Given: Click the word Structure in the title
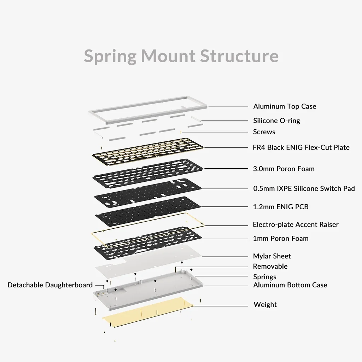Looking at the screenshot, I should pos(239,56).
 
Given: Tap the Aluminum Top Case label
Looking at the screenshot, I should pos(285,106).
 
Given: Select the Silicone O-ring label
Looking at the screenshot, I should pos(276,121).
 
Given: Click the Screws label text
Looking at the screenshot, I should pos(264,132).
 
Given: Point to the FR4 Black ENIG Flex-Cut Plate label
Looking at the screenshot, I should pos(301,147).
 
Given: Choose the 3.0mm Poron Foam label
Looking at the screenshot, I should pos(284,169).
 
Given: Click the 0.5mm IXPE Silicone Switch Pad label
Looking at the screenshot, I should pos(304,188).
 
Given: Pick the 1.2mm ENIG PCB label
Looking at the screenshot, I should pos(281,207).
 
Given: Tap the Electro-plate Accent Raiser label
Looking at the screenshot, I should pos(296,224).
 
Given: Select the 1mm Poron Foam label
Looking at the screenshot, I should pos(281,238).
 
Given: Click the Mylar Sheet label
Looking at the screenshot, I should pos(272,256).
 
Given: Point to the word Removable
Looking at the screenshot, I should pos(270,266).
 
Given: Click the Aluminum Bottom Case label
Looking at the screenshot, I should pos(290,285).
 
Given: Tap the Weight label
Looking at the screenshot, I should pos(265,304).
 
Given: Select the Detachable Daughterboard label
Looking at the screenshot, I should pos(50,285).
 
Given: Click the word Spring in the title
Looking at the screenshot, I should pos(110,56).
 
